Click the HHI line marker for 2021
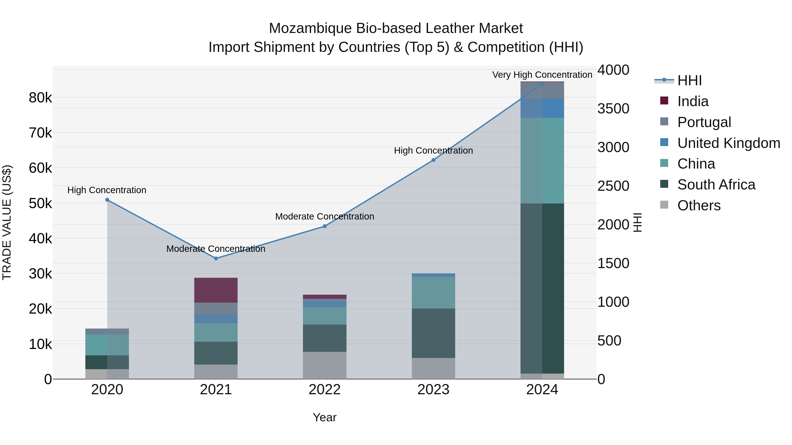point(216,258)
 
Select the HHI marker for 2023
point(433,160)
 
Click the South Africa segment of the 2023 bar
point(433,333)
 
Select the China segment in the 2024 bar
point(542,160)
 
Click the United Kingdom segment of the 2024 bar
point(542,108)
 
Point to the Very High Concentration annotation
point(542,75)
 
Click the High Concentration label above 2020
point(107,190)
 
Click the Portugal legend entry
point(704,122)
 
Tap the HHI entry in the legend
point(689,80)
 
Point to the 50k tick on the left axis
point(40,203)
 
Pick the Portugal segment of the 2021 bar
point(216,308)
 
